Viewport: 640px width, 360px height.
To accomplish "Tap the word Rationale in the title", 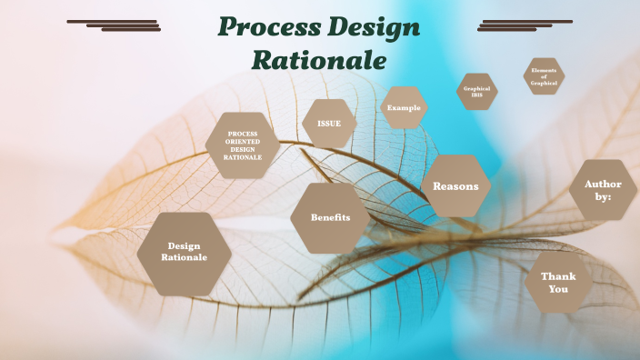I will click(x=319, y=60).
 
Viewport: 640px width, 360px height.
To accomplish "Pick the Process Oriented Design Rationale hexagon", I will click(x=243, y=145).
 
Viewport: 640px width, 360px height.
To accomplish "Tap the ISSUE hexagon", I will click(x=329, y=123).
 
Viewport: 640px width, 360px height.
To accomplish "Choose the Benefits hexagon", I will click(x=330, y=218).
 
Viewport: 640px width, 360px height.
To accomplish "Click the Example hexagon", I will click(x=404, y=108).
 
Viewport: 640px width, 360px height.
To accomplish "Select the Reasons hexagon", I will click(x=455, y=186).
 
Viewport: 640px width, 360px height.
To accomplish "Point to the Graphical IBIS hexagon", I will click(x=476, y=92).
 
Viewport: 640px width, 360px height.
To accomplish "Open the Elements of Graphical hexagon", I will click(x=544, y=76).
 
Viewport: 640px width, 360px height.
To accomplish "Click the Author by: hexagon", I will click(x=604, y=190).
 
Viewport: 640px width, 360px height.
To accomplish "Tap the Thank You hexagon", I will click(x=558, y=283).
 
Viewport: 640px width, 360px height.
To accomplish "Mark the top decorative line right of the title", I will click(x=527, y=21).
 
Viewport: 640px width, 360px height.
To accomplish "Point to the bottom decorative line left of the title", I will click(x=131, y=30).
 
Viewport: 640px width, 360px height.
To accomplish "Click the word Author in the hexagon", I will click(x=604, y=185).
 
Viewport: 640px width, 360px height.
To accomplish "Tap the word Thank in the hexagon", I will click(x=558, y=276).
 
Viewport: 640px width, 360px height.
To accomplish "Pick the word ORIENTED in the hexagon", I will click(x=243, y=141).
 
